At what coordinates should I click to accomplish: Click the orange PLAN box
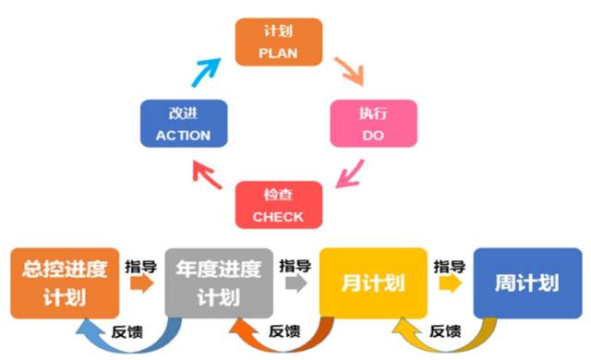280,42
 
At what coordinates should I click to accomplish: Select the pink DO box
373,124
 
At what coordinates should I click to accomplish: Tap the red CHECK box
280,205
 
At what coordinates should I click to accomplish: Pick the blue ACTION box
183,124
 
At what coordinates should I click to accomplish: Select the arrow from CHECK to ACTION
208,174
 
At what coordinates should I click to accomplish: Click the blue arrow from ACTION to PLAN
208,69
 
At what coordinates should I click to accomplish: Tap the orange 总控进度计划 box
65,282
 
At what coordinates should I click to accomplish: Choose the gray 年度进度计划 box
219,282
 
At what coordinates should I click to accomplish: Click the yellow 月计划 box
373,282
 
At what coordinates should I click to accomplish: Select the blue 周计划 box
527,282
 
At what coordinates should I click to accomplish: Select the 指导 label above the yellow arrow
450,264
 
